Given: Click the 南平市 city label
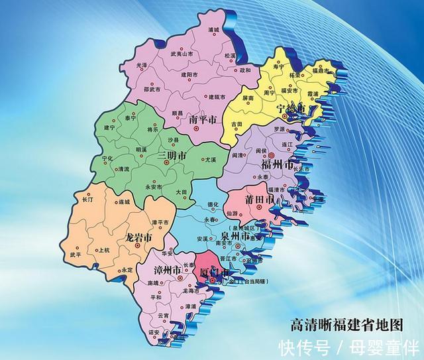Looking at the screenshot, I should [x=203, y=121].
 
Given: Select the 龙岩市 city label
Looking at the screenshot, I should [x=139, y=237].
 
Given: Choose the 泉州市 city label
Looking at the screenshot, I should [x=235, y=236].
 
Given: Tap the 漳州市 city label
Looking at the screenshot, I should [x=168, y=270].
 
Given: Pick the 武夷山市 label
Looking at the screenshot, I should [x=182, y=54].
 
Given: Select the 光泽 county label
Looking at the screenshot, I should [x=142, y=66].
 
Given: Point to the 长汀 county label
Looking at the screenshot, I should [x=88, y=199].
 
